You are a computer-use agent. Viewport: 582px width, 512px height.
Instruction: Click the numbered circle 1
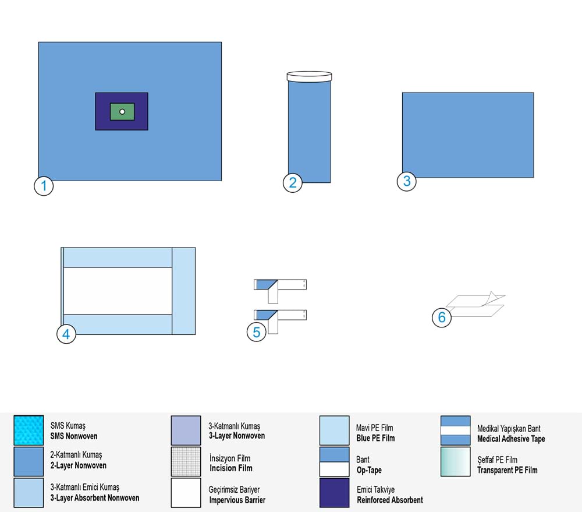click(x=44, y=186)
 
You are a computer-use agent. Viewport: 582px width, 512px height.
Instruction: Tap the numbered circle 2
click(x=293, y=183)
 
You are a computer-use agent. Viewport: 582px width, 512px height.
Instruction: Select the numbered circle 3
click(x=407, y=181)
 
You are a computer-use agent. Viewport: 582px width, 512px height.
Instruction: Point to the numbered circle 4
click(x=66, y=334)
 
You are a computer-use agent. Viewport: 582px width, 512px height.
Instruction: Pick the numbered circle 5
click(x=257, y=332)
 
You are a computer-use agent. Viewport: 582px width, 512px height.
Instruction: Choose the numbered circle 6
click(x=442, y=317)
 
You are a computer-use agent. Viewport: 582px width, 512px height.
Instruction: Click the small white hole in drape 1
click(x=122, y=111)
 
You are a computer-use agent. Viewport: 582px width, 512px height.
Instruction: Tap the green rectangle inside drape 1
click(x=122, y=111)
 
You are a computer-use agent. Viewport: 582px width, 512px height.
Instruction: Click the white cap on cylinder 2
click(x=309, y=76)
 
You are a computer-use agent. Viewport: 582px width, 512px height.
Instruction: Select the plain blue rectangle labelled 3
click(x=468, y=135)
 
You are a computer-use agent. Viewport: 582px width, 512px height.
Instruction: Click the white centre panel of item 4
click(x=118, y=291)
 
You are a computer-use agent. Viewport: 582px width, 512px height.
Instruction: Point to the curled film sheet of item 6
click(x=475, y=305)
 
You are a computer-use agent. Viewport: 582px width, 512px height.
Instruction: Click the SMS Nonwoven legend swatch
click(x=29, y=430)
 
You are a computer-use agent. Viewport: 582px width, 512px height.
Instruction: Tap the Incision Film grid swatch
click(x=186, y=461)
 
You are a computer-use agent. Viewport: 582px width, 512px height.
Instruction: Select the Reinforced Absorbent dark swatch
click(x=335, y=493)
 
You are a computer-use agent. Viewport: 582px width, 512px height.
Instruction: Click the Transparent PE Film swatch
click(x=456, y=461)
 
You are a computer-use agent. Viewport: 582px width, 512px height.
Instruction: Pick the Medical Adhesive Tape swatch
click(x=456, y=430)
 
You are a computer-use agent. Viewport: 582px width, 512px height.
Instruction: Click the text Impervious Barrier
click(x=237, y=500)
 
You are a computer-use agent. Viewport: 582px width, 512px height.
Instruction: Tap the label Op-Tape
click(x=369, y=471)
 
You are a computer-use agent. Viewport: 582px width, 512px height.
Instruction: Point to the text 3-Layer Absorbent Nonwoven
click(x=95, y=498)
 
